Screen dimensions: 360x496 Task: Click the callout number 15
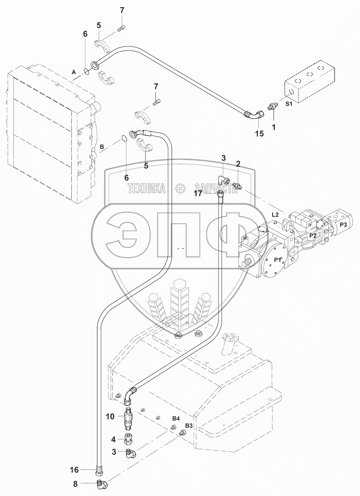point(259,133)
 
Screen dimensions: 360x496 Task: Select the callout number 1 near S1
point(273,127)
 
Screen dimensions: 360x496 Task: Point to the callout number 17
point(198,193)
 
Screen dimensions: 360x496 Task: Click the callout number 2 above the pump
point(238,163)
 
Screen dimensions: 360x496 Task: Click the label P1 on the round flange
point(277,260)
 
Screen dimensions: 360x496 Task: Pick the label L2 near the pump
point(275,215)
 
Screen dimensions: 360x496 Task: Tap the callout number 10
point(110,416)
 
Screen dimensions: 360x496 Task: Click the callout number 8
point(75,484)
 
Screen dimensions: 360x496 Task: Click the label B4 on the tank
point(176,418)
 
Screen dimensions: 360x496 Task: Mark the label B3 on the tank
point(189,426)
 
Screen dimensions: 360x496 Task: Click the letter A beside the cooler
point(74,71)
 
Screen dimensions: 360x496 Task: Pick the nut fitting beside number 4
point(128,438)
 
